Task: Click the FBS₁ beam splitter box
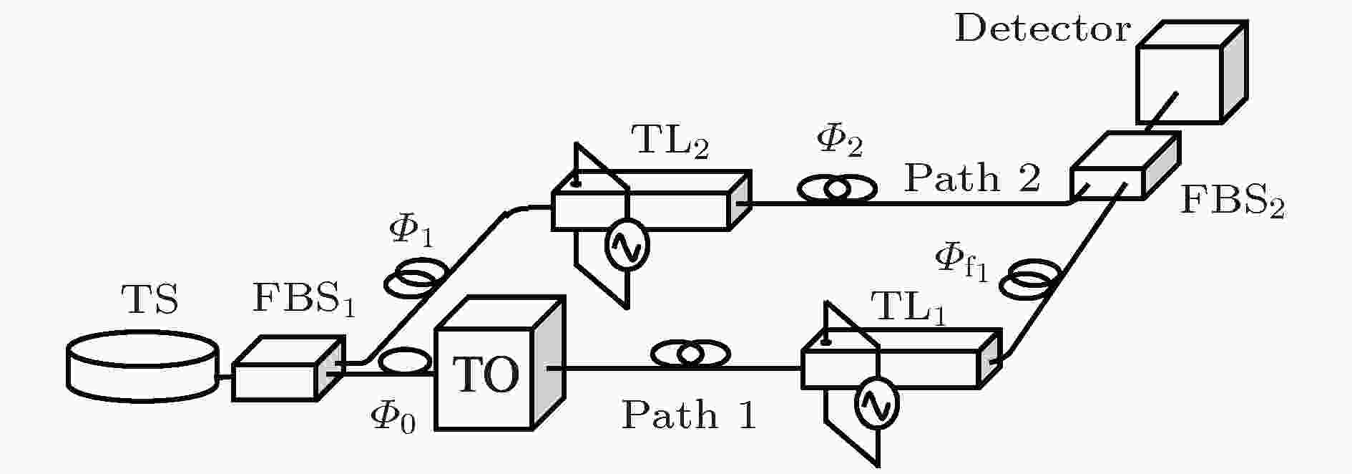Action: [286, 369]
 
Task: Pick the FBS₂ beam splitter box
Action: [1124, 167]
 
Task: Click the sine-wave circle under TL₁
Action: [876, 405]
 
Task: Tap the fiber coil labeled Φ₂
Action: [837, 188]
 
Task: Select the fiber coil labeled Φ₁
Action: [417, 276]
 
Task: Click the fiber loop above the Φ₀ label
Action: [405, 360]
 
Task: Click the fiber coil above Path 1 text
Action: [690, 354]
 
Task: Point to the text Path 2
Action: [971, 178]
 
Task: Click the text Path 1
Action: [687, 415]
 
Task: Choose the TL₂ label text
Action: [670, 143]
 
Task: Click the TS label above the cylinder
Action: [149, 299]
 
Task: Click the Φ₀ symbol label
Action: [393, 417]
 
